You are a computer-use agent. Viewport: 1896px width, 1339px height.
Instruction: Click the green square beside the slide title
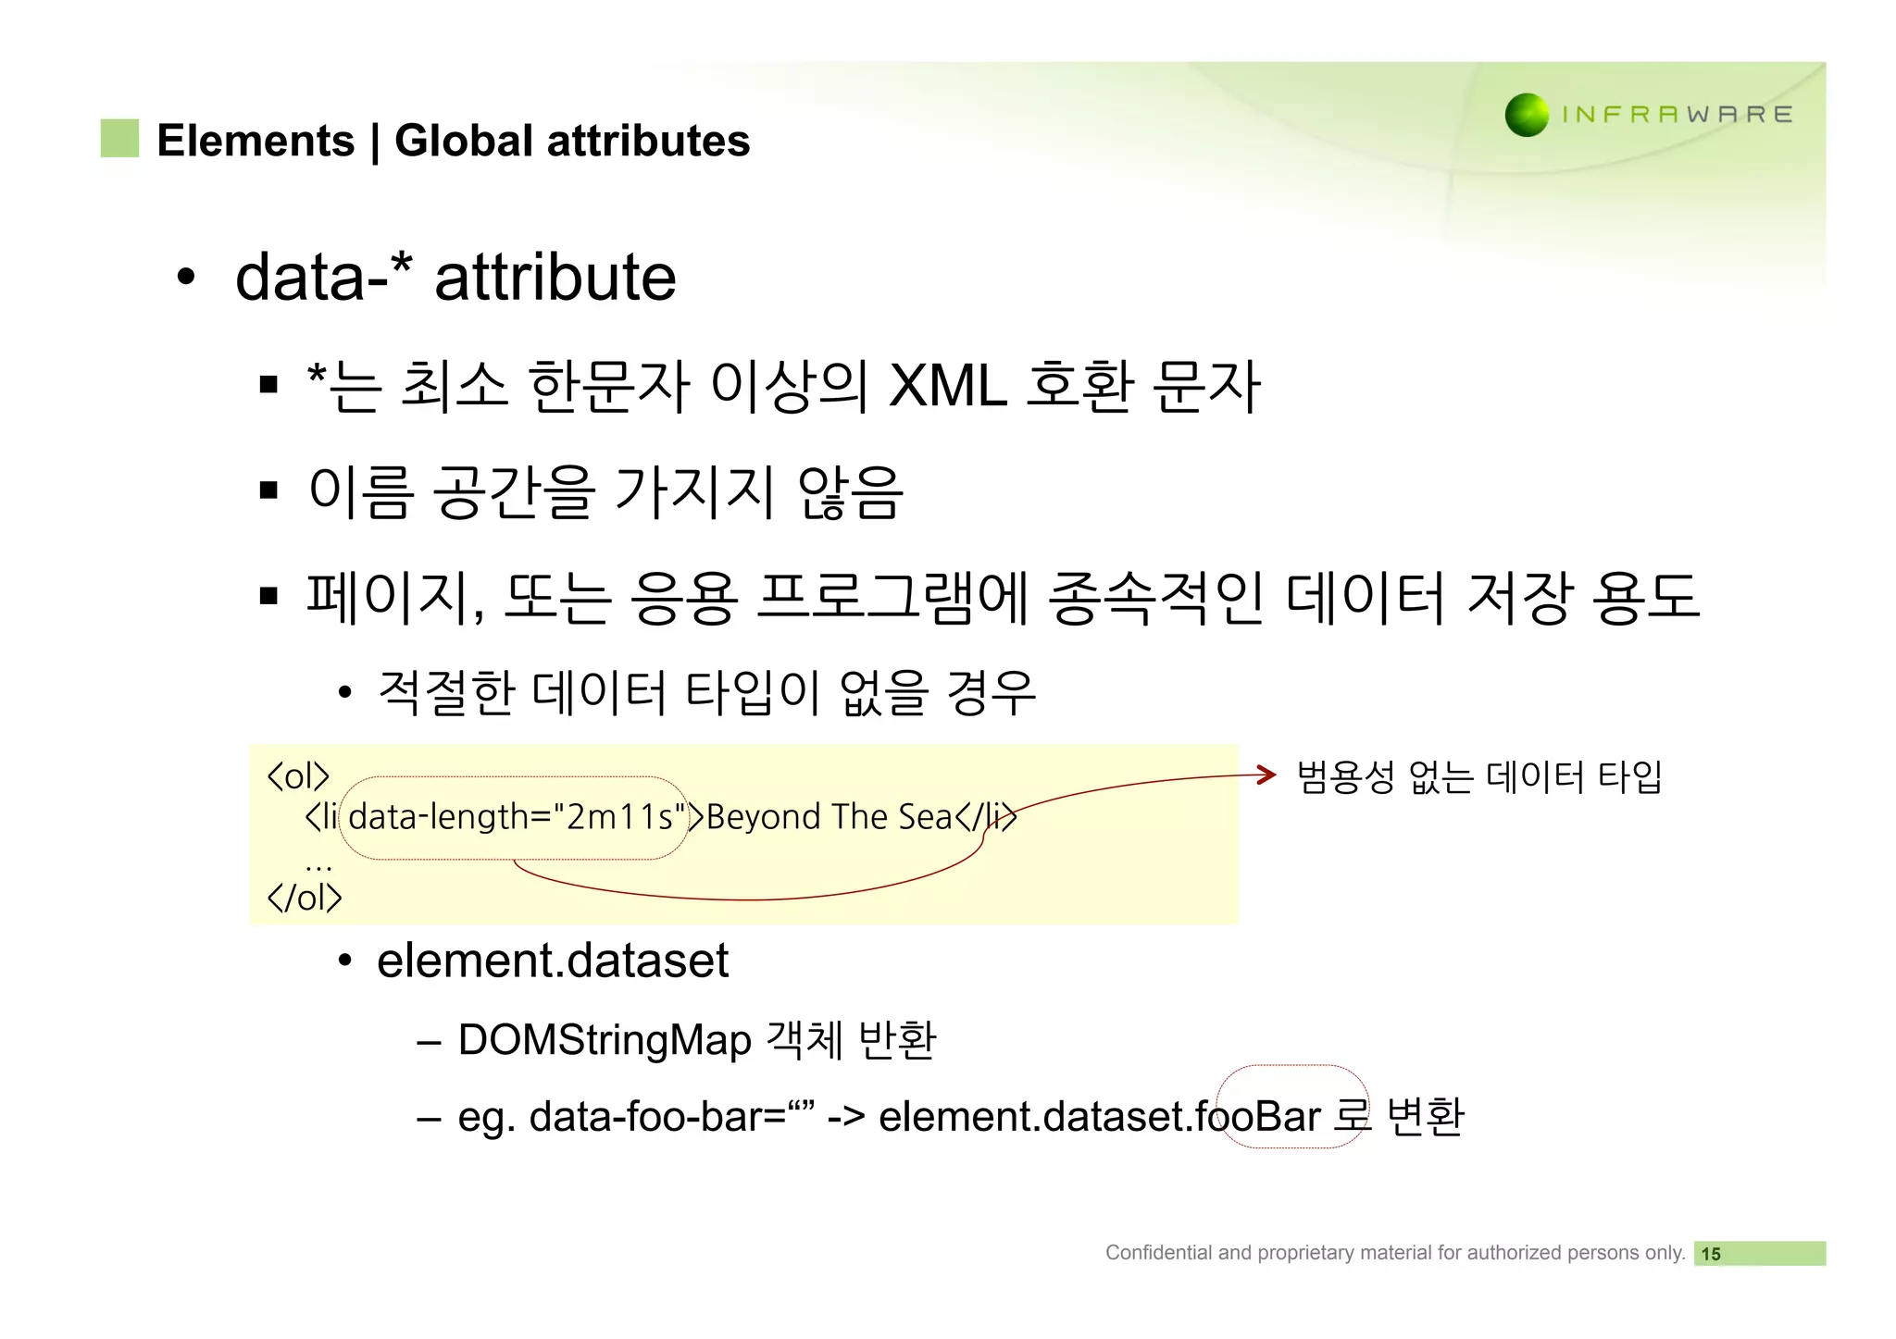[119, 138]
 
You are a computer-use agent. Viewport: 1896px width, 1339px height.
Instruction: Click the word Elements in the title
[256, 141]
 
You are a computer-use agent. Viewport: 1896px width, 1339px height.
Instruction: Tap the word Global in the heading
[464, 141]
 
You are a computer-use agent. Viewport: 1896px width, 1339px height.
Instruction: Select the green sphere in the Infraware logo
[1527, 115]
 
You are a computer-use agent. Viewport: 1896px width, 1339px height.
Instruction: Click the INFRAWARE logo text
[1677, 115]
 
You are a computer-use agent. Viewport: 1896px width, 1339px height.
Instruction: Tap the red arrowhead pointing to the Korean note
[1266, 775]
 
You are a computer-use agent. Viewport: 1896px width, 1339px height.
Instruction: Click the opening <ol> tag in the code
[297, 775]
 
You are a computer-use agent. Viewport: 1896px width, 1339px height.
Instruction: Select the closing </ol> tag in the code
[304, 897]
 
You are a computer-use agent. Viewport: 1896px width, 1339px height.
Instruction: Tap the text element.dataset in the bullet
[553, 961]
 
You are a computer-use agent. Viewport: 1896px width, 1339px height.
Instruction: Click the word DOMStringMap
[604, 1039]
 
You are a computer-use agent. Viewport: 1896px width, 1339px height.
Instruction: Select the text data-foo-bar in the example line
[655, 1116]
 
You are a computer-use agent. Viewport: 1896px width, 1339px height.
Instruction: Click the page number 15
[1711, 1254]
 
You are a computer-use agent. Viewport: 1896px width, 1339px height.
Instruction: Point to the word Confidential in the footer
[1158, 1252]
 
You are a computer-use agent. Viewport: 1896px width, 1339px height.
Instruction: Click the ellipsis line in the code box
[318, 866]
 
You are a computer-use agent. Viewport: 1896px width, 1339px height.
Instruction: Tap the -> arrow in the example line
[845, 1116]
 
